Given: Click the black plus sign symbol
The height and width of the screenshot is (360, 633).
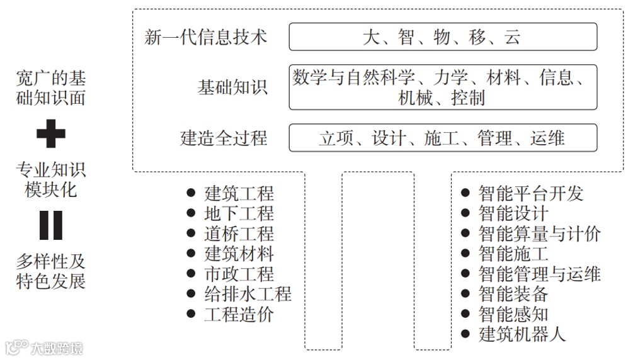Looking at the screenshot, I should pos(51,134).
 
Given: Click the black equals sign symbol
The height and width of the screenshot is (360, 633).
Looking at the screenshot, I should pos(51,225).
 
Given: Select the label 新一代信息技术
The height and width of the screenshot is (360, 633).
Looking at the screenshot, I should pos(206,37).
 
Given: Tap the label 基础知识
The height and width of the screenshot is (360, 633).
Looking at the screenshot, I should pos(232,87).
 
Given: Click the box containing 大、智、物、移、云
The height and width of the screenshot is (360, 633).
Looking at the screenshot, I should pos(443,37).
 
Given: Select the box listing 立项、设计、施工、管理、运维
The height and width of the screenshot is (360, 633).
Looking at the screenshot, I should pos(443,138).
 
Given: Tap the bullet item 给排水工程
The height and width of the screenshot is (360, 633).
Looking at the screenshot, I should pos(248,294).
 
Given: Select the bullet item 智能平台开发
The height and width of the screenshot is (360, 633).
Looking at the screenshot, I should pos(531,193).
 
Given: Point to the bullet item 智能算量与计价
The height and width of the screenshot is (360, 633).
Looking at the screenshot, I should pos(539,233).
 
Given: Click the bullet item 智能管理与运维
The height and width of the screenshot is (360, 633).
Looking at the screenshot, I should pos(539,274).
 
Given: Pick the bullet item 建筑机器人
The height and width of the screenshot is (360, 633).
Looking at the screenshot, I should pos(522,334).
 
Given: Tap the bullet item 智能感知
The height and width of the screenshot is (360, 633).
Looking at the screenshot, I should pos(513,313).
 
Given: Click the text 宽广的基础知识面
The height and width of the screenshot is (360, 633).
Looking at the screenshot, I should pos(51,89).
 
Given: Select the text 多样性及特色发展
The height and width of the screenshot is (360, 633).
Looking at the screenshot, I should pos(51,271).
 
